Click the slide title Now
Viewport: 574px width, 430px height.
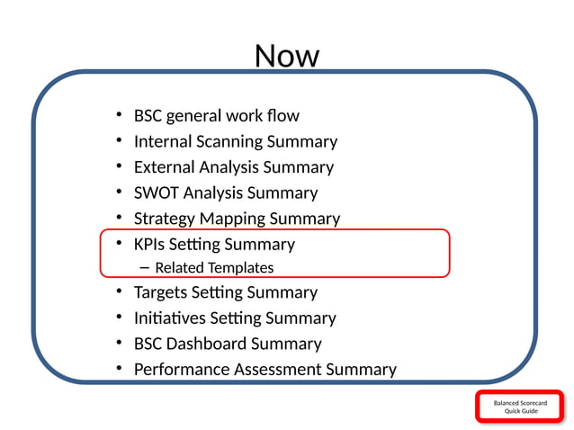click(x=287, y=57)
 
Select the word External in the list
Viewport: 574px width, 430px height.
click(x=166, y=167)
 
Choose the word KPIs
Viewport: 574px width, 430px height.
click(x=150, y=244)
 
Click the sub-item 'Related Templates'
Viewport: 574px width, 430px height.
click(x=214, y=267)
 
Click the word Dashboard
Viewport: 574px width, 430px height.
click(x=208, y=344)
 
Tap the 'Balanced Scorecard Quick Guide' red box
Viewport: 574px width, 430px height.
click(x=520, y=407)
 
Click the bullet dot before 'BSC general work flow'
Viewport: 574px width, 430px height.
click(x=119, y=116)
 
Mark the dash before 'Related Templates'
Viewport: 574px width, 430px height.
click(x=146, y=267)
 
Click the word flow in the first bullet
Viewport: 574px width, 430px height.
click(x=283, y=116)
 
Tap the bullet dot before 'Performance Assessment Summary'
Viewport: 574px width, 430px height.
click(x=119, y=369)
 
